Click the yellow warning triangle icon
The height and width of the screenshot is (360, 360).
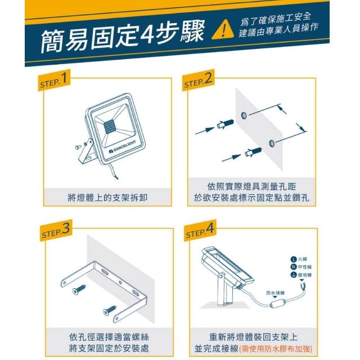pos(223,30)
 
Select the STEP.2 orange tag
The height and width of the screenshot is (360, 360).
pos(198,80)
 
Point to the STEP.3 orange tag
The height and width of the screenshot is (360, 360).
pos(56,231)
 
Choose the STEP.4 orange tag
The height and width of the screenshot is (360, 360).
pos(200,231)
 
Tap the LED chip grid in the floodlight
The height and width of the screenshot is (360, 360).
pos(111,126)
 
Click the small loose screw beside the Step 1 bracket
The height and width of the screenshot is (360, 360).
pos(78,146)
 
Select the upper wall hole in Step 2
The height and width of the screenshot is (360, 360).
pos(244,115)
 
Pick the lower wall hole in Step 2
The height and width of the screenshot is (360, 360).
pos(272,143)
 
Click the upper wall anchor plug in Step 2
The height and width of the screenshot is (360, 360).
pos(225,124)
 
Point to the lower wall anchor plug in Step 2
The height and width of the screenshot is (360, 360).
pos(253,152)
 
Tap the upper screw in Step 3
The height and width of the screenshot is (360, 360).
pos(79,290)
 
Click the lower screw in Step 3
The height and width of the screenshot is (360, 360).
pos(109,310)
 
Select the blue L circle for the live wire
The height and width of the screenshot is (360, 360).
pos(294,259)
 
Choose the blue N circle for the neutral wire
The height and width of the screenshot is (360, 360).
pos(294,267)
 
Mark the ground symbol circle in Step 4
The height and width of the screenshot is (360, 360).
pos(294,274)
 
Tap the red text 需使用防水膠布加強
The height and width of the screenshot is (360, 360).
pos(275,349)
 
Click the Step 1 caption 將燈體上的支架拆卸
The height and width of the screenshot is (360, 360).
pos(107,197)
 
